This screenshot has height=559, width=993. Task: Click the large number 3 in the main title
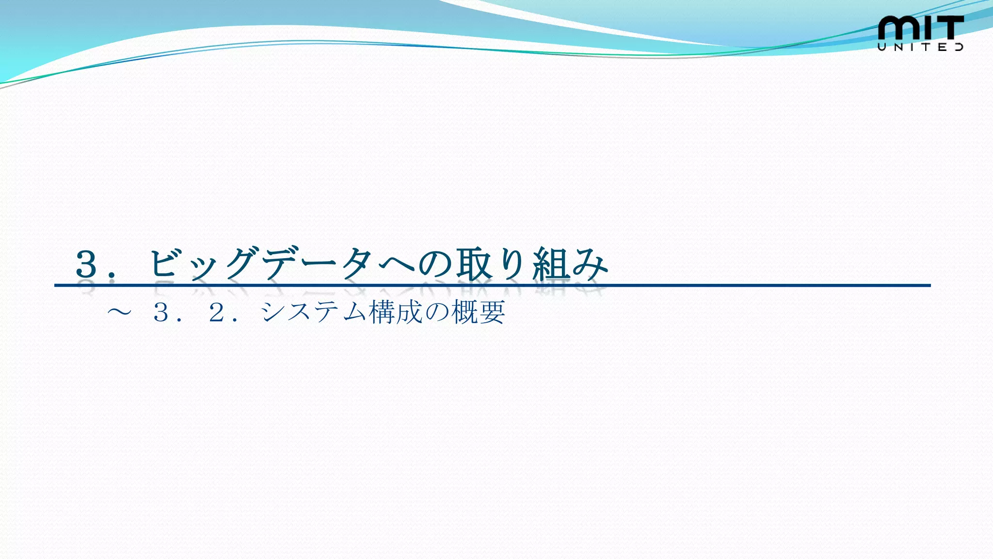tap(87, 264)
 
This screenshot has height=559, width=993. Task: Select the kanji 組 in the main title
tap(551, 264)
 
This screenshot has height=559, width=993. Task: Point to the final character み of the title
tap(590, 264)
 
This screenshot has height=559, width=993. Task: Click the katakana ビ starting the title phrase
tap(163, 264)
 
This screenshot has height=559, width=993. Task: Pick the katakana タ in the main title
tap(357, 264)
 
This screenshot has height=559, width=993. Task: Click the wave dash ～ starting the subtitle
tap(119, 312)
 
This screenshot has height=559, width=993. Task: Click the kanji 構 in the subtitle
tap(383, 312)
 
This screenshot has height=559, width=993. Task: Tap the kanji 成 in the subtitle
tap(410, 312)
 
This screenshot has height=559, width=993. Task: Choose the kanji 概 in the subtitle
tap(464, 312)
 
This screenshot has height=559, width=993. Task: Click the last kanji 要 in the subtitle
tap(492, 312)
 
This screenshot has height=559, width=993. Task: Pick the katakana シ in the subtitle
tap(273, 312)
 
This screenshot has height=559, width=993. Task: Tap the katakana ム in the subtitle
tap(355, 312)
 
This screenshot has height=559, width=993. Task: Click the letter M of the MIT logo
tap(898, 28)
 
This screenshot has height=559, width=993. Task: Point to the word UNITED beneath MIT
tap(920, 47)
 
